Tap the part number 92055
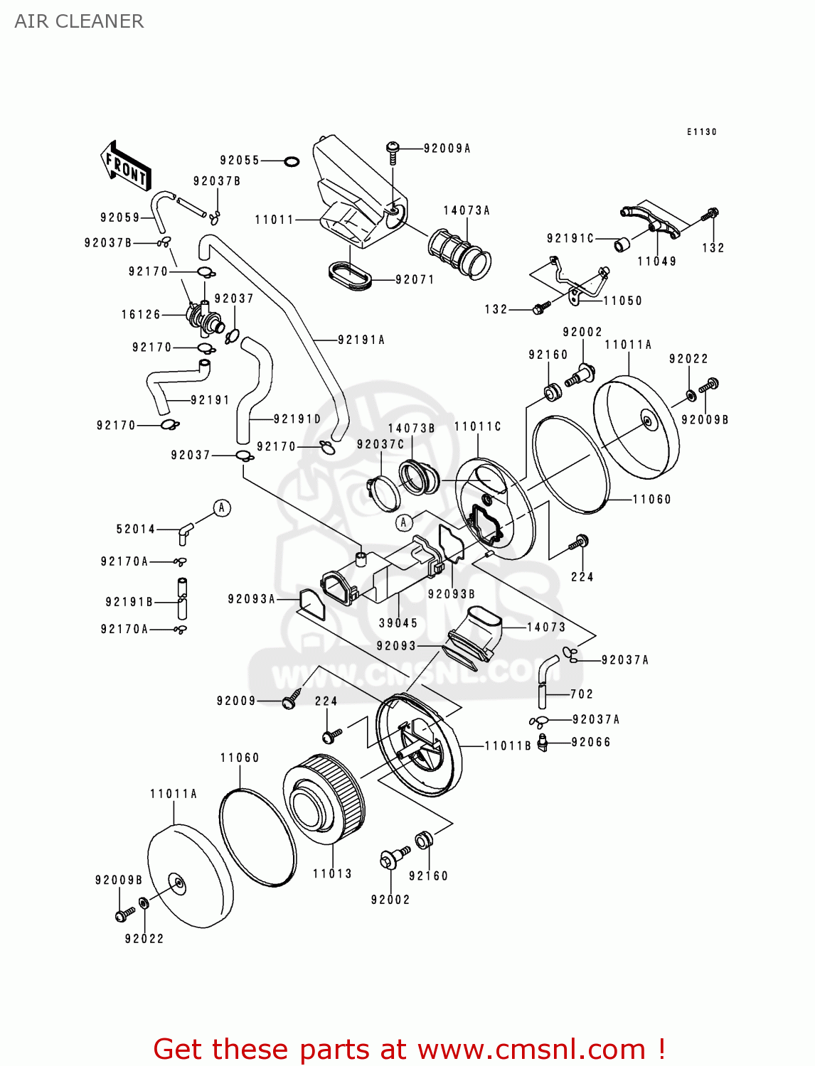[240, 161]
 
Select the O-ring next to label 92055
[291, 161]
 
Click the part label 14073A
[467, 210]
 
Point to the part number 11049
[656, 262]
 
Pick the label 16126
[141, 314]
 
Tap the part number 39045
[398, 623]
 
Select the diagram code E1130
[702, 132]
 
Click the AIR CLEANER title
[79, 21]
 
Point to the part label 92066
[591, 742]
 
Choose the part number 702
[581, 694]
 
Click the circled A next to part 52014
[222, 508]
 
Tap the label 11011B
[508, 745]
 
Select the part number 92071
[415, 279]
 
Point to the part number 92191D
[297, 419]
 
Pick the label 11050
[622, 301]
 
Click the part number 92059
[120, 217]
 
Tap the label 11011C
[477, 426]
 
